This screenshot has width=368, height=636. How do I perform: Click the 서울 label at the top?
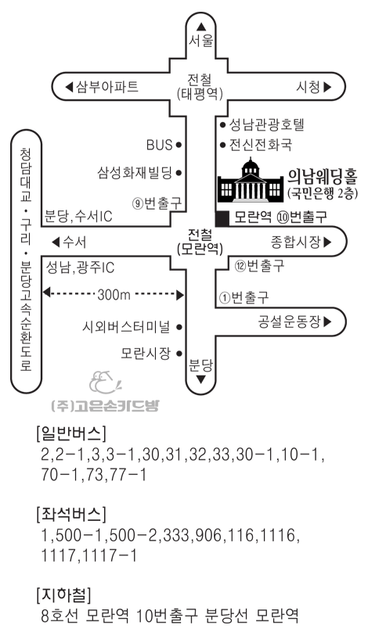[x=200, y=41]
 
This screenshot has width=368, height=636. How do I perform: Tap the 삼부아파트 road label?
[x=107, y=87]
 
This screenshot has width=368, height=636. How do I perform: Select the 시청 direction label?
[x=308, y=87]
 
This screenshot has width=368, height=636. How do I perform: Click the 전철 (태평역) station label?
[x=200, y=87]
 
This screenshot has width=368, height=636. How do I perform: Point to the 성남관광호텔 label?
[x=266, y=124]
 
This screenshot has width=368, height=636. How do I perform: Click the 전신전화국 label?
[x=261, y=145]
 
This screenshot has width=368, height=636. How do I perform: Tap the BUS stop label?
[x=159, y=145]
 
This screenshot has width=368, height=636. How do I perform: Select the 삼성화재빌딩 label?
[x=135, y=173]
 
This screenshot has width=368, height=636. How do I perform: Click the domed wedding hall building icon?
[x=251, y=180]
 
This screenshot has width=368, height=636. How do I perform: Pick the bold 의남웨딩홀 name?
[x=323, y=177]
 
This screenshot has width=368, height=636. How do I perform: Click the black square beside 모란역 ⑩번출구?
[x=222, y=218]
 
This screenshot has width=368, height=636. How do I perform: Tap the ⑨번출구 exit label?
[x=157, y=203]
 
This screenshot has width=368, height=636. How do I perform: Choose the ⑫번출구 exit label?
[x=259, y=266]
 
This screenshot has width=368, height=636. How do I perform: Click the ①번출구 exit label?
[x=244, y=298]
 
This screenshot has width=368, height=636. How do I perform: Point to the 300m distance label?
[x=114, y=294]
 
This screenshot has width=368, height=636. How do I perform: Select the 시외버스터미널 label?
[x=126, y=327]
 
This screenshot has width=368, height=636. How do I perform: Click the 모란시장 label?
[x=146, y=354]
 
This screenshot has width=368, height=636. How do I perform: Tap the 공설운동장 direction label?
[x=289, y=322]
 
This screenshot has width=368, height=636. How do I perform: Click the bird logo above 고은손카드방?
[x=105, y=383]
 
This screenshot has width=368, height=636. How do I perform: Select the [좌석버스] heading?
[x=71, y=515]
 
